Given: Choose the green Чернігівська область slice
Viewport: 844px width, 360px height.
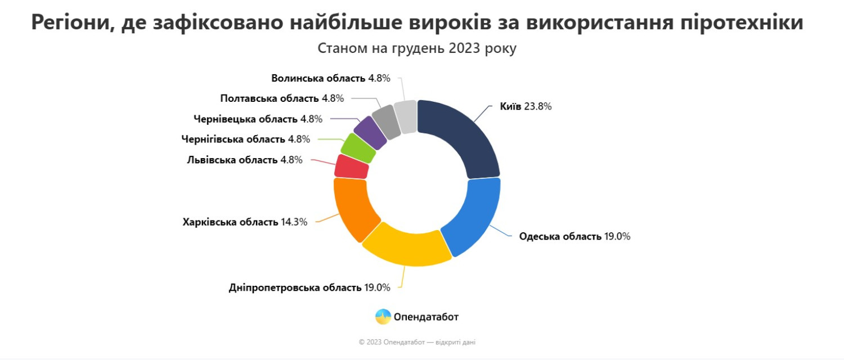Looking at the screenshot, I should (x=357, y=148).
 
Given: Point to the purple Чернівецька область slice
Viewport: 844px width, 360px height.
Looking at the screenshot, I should (x=370, y=132).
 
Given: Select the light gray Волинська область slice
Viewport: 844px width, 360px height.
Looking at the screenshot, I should (x=406, y=117).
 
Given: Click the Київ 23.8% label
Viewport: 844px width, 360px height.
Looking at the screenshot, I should (x=526, y=106).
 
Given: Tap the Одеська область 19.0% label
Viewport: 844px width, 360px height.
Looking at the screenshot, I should (x=574, y=236).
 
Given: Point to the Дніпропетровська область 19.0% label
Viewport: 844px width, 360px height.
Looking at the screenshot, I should (x=309, y=287).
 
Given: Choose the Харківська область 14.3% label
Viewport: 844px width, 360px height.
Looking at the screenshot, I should (x=245, y=222).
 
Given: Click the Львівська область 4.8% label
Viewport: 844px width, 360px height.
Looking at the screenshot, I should (x=244, y=160).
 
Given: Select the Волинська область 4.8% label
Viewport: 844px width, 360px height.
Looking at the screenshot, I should (x=330, y=78).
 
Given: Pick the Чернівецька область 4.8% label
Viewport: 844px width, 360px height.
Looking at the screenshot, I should (x=258, y=119).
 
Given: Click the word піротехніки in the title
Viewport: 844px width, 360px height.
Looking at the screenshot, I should (x=742, y=22).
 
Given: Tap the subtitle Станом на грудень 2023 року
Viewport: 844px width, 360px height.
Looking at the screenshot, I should (x=417, y=48).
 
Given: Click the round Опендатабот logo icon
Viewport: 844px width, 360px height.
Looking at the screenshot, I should (x=383, y=317).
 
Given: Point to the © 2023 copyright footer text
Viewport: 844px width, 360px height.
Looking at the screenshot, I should (x=417, y=342).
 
